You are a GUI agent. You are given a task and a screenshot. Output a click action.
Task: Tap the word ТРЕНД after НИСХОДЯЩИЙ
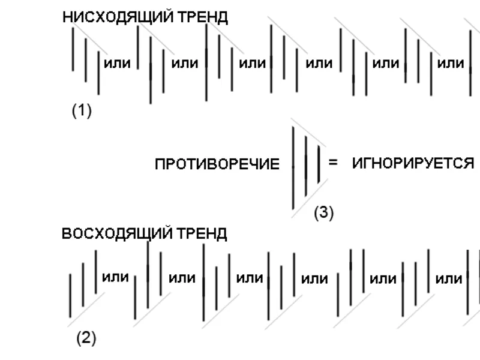pos(203,17)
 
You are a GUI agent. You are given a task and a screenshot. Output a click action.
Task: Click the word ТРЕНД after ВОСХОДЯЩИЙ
pos(202,233)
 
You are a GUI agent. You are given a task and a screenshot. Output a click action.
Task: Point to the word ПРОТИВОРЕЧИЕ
pos(217,164)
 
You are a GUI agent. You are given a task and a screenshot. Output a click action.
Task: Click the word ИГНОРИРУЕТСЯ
pos(413,163)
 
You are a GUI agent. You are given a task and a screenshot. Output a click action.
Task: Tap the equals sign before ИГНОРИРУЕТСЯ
pos(333,162)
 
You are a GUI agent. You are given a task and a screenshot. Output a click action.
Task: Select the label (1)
pos(82,110)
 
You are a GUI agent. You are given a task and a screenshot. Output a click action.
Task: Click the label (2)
pos(86,338)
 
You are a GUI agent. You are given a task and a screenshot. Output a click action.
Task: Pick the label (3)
pos(324,212)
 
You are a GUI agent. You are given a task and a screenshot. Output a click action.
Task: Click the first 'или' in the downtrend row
pos(117,64)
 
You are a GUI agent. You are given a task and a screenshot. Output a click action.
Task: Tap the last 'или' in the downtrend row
pos(451,64)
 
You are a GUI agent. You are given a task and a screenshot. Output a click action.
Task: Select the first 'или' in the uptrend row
pos(115,277)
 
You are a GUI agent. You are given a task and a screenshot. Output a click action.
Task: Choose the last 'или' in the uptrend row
pos(449,279)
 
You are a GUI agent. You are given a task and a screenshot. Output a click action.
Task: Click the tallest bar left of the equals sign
pos(293,168)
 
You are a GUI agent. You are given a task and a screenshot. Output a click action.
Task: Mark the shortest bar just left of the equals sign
pos(319,164)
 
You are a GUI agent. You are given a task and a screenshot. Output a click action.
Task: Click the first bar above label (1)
pos(73,49)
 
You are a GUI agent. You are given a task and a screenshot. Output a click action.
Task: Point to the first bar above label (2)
pos(70,295)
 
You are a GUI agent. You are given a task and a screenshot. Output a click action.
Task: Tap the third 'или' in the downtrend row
pos(252,64)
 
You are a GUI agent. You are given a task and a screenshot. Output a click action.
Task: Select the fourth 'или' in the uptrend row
pos(314,279)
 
